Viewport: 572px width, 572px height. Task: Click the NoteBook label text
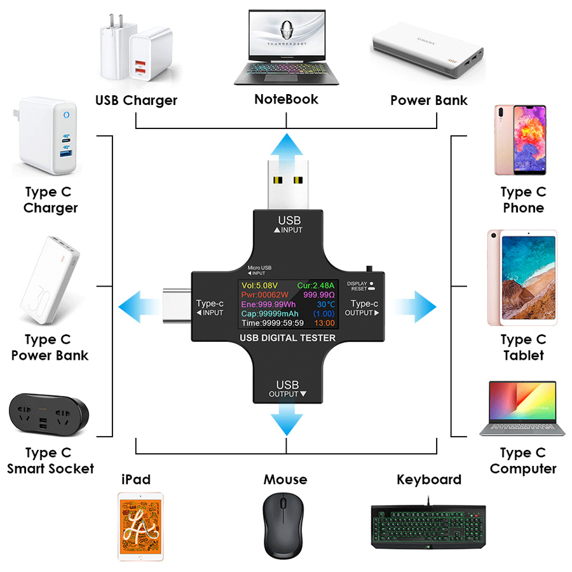tap(286, 99)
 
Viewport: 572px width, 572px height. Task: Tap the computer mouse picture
tap(283, 523)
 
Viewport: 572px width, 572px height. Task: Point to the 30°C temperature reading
tap(323, 304)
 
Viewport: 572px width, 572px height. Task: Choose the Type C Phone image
tap(520, 140)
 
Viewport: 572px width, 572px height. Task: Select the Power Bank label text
tap(428, 100)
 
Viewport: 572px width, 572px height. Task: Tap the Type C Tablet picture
tap(521, 277)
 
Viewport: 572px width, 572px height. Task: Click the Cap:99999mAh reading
tap(269, 314)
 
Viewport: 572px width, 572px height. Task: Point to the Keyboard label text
tap(429, 479)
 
